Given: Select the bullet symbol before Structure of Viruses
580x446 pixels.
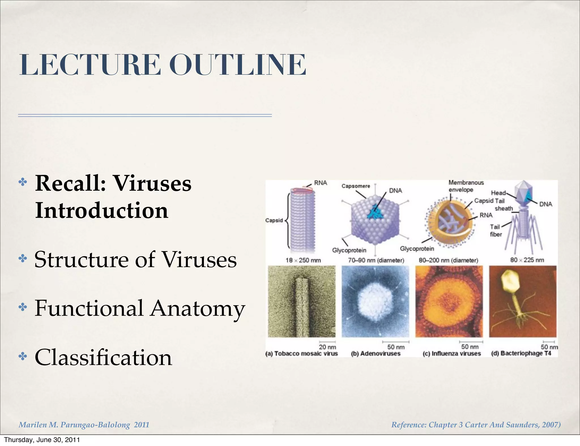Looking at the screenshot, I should tap(23, 258).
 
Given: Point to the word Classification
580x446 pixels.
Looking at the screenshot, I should tap(103, 357).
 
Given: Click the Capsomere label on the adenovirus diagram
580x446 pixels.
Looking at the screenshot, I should tap(356, 186).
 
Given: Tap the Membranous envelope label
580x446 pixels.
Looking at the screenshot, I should tap(466, 186).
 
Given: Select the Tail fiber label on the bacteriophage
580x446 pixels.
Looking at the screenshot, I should tap(496, 230).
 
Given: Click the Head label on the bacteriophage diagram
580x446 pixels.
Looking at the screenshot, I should tap(498, 193).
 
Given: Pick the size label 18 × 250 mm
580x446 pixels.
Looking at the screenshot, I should tap(303, 260).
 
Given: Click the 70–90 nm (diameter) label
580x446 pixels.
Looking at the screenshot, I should tap(376, 260).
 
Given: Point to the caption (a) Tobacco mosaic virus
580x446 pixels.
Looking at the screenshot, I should tap(302, 353).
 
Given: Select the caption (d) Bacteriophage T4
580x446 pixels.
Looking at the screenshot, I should tap(521, 353).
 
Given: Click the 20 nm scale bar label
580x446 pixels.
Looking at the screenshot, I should tap(327, 347).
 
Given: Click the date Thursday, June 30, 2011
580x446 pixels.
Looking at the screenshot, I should tap(42, 440).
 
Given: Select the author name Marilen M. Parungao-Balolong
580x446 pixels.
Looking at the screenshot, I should tap(74, 425).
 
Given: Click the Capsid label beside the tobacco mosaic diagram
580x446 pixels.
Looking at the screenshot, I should tap(274, 220).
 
